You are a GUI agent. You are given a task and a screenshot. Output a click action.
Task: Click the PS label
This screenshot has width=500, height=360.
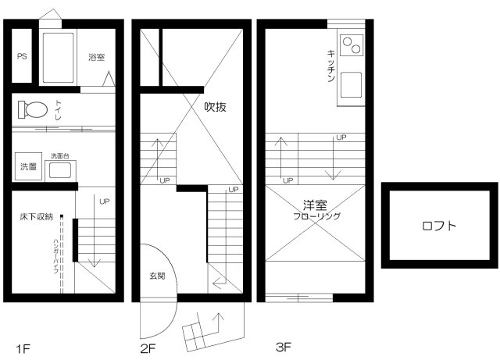click(22, 56)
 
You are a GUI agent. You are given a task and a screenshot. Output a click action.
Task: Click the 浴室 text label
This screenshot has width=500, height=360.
click(97, 57)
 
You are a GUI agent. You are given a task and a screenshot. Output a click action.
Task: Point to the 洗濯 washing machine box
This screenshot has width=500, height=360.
click(28, 166)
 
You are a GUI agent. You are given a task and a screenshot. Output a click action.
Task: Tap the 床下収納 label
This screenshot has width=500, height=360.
click(37, 216)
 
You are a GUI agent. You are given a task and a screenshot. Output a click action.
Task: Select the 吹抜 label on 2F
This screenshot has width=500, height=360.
click(216, 107)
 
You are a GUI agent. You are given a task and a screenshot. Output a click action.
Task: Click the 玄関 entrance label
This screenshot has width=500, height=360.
click(155, 276)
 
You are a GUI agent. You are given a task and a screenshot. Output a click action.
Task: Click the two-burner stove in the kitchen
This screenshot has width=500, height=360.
click(352, 46)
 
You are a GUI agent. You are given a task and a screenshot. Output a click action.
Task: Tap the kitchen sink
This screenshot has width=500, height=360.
click(352, 84)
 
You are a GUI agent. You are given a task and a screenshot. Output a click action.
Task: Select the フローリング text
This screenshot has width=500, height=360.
click(316, 216)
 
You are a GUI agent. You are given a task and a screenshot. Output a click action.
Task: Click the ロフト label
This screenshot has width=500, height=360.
click(439, 226)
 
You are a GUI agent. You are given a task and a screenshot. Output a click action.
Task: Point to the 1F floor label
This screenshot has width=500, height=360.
click(26, 345)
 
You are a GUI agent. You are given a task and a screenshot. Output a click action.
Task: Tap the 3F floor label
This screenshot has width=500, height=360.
click(283, 344)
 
